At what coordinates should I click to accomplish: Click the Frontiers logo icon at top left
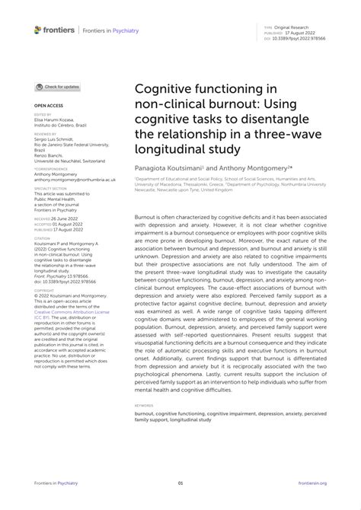point(37,29)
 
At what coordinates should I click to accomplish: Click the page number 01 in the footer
point(180,483)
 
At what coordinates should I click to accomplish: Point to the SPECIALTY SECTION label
point(50,187)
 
